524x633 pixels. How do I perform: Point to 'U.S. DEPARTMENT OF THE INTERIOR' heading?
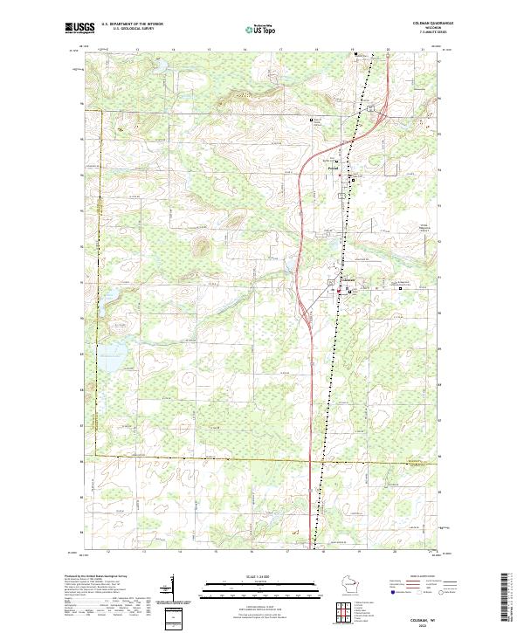click(x=132, y=24)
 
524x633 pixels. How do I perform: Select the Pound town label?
click(x=345, y=171)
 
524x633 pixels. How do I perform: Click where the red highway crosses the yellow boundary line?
click(x=312, y=457)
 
